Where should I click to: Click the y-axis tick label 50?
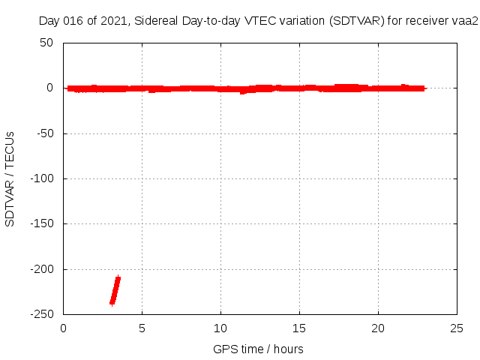point(46,43)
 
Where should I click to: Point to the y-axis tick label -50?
point(43,133)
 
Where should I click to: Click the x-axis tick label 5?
point(142,328)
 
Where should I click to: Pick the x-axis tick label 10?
point(220,328)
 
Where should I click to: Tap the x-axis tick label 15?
point(299,328)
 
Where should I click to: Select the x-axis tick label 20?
point(378,328)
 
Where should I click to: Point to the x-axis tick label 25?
point(457,328)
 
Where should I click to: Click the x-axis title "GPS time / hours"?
point(258,349)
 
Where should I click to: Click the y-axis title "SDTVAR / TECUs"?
point(10,178)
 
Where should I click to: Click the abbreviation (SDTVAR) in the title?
point(356,21)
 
